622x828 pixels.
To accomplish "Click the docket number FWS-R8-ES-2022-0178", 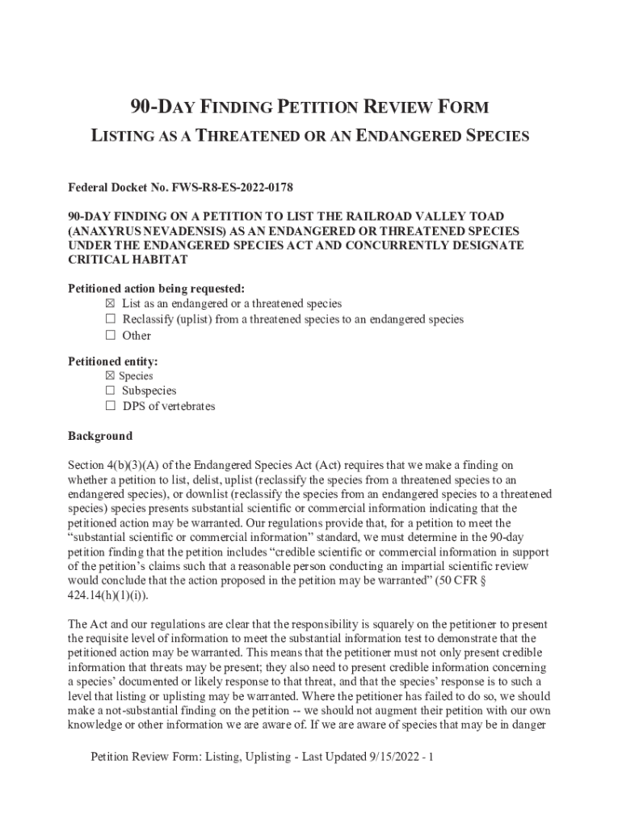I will click(232, 188).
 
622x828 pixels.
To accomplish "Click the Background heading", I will click(100, 437).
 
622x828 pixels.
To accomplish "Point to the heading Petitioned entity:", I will click(113, 361).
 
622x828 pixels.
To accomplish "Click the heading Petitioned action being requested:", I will click(156, 289).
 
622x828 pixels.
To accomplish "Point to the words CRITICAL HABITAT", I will click(128, 260).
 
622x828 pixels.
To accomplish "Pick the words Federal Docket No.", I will click(116, 188).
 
